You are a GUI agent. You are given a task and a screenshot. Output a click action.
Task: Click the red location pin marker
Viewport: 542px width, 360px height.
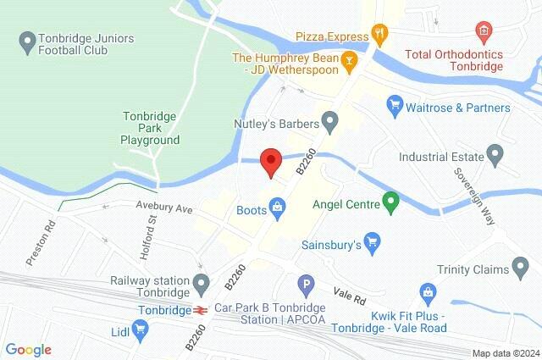click(270, 161)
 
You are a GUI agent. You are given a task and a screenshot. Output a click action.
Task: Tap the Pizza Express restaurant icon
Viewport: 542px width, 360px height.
click(382, 36)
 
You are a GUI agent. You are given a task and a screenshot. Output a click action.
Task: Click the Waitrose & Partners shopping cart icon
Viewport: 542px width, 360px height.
click(394, 108)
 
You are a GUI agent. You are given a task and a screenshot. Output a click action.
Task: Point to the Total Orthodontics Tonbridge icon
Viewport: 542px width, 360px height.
click(484, 31)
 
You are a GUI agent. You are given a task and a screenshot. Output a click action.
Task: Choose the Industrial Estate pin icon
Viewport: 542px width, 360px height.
click(495, 156)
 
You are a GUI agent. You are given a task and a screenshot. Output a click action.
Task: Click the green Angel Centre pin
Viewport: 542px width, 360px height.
click(390, 202)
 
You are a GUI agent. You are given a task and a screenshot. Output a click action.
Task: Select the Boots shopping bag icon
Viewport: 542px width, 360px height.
click(276, 206)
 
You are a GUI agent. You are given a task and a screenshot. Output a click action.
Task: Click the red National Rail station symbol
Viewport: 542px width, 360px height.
click(200, 309)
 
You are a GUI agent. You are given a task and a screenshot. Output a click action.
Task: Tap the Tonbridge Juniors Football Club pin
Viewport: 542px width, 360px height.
click(27, 40)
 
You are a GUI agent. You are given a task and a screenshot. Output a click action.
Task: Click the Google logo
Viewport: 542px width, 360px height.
click(28, 349)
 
